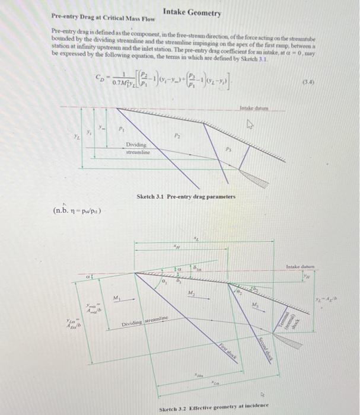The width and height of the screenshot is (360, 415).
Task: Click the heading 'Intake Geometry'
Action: [x=192, y=12]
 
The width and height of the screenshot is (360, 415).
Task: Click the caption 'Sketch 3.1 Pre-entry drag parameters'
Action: [x=186, y=197]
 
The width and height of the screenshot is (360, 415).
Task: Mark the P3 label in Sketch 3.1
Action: [x=230, y=150]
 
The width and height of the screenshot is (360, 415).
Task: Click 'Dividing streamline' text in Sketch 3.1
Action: [x=138, y=148]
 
